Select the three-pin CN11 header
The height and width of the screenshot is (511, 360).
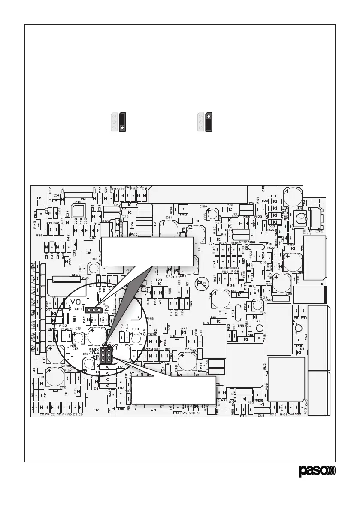click(x=93, y=309)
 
